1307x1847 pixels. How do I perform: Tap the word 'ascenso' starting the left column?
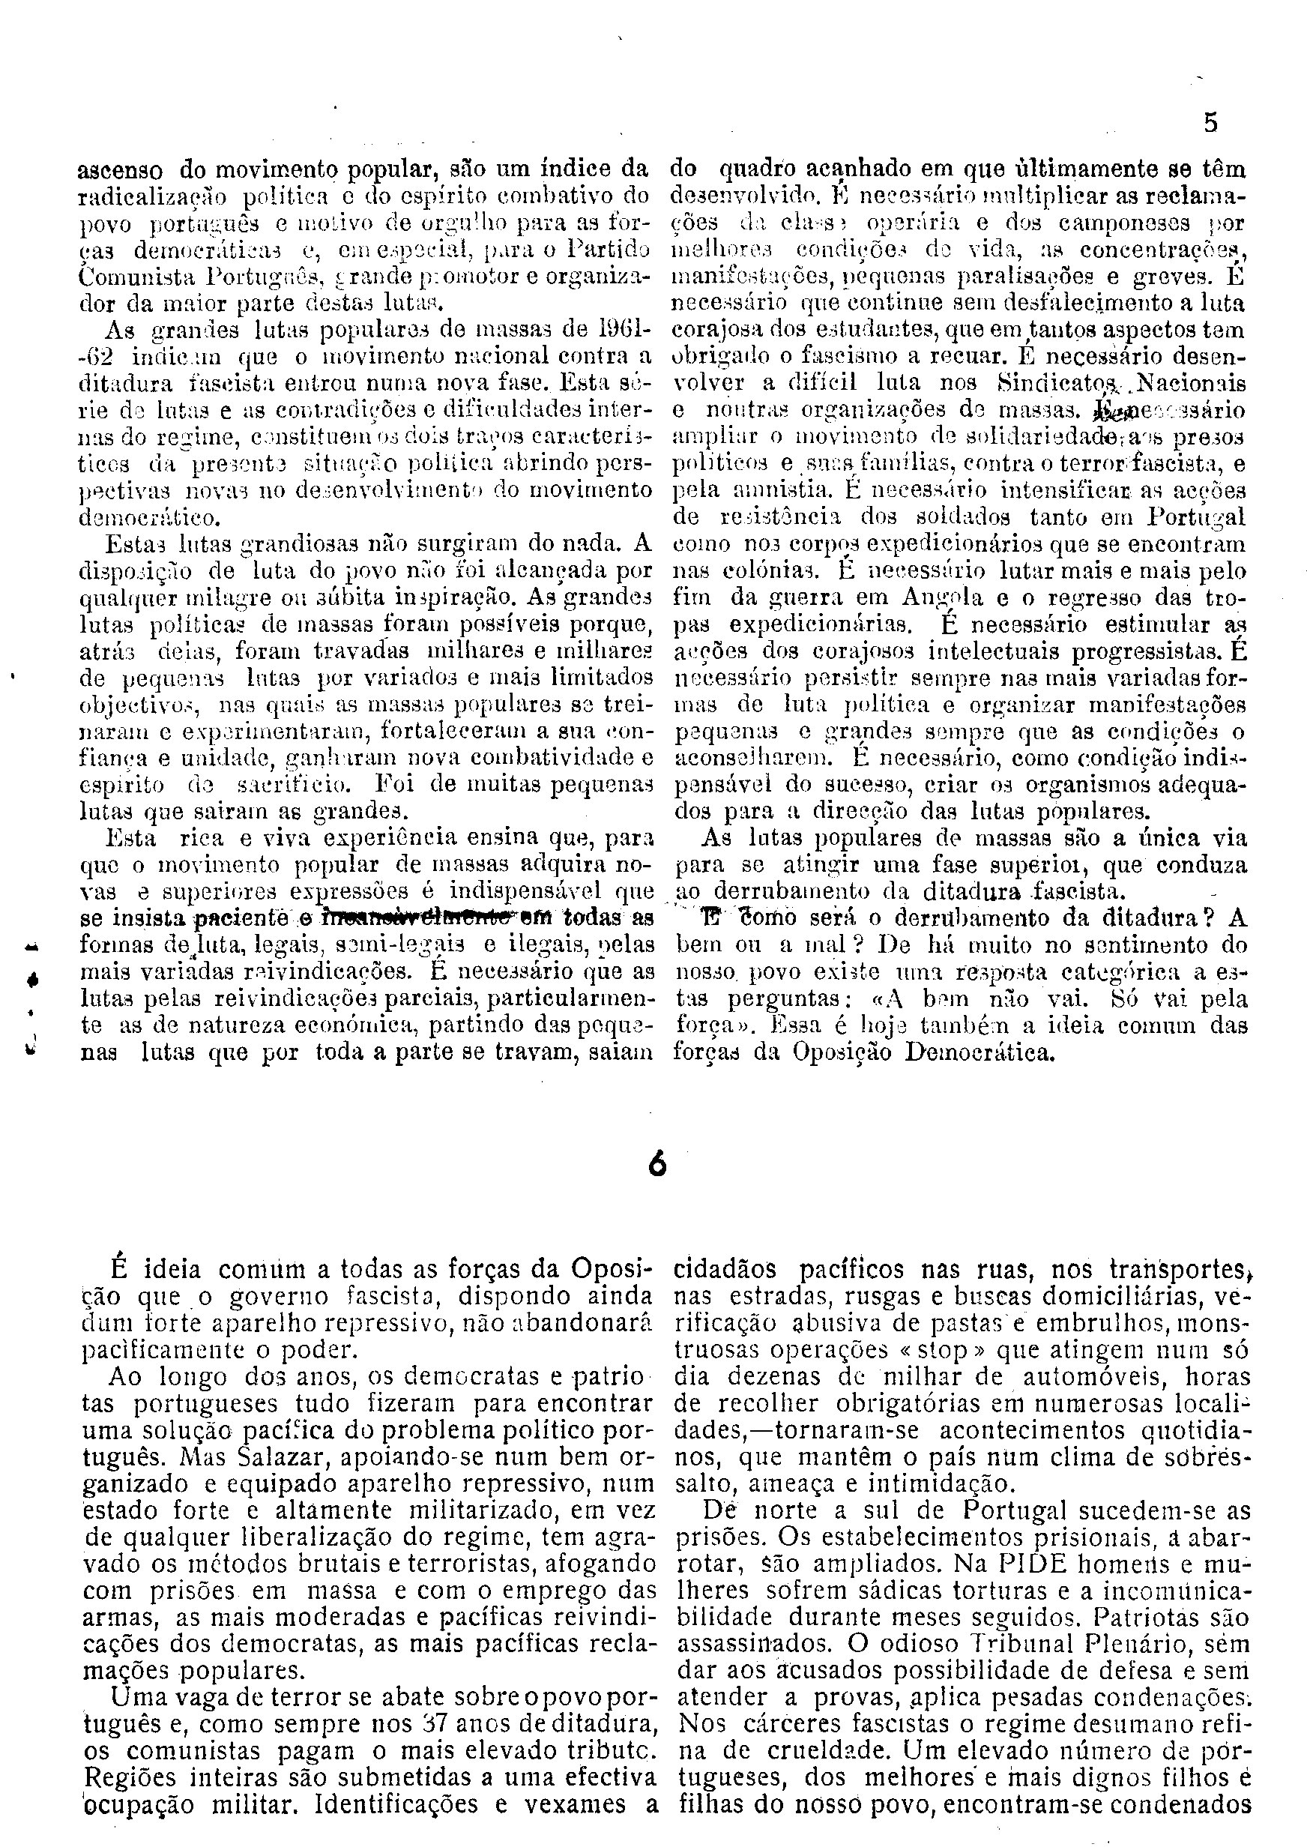click(120, 171)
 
